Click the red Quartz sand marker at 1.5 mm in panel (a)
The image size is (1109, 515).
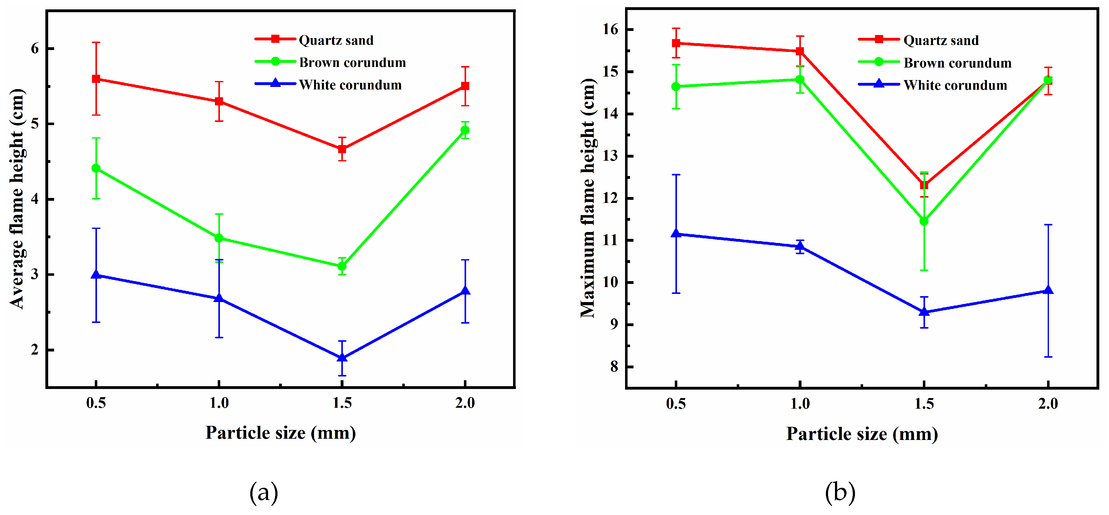coord(342,149)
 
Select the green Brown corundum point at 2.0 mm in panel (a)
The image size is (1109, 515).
coord(465,130)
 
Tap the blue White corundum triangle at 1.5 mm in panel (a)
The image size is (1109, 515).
coord(342,357)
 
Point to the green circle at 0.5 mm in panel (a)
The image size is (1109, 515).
coord(96,168)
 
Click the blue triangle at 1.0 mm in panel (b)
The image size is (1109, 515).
coord(800,246)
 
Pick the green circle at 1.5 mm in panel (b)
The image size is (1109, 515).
coord(924,221)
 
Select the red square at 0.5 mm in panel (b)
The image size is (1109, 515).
coord(676,43)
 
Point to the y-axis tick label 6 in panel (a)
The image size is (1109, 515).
coord(35,48)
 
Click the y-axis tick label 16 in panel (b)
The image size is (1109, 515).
coord(610,29)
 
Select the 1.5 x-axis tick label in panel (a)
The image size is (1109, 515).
coord(342,403)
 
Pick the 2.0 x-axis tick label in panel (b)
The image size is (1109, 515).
coord(1048,404)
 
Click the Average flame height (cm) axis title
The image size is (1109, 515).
coord(17,199)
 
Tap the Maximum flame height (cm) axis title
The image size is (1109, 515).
coord(588,199)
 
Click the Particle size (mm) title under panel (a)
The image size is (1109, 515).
coord(281,433)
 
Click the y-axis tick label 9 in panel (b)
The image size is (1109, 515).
coord(614,324)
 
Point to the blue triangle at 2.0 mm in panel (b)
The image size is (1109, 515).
coord(1048,290)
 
